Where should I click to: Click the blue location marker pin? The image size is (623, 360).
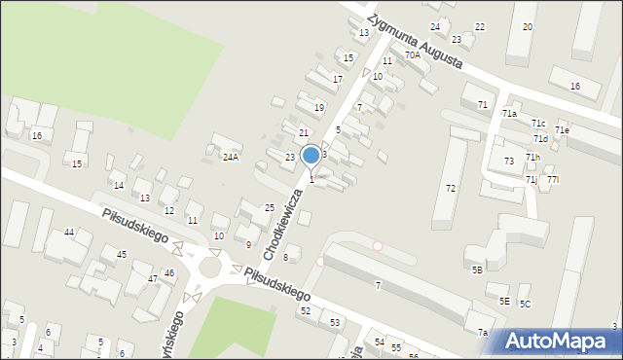tap(311, 156)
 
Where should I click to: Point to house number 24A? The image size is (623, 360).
tap(231, 157)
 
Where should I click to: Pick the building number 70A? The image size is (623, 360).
tap(413, 55)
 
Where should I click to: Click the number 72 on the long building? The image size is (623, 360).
tap(451, 188)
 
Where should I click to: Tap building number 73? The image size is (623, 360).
tap(509, 161)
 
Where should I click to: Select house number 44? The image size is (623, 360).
tap(69, 233)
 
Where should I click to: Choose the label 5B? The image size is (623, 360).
tap(477, 270)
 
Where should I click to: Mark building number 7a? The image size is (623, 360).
tap(482, 333)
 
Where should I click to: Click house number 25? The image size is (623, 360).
tap(270, 207)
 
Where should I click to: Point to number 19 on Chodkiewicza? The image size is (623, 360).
tap(318, 107)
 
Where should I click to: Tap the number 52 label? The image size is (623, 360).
tap(306, 310)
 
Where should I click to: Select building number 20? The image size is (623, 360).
tap(527, 26)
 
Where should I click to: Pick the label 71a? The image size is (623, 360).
tap(509, 114)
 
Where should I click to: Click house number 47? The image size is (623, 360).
tap(153, 278)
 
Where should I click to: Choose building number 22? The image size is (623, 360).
tap(479, 27)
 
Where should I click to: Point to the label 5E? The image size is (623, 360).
tap(504, 302)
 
